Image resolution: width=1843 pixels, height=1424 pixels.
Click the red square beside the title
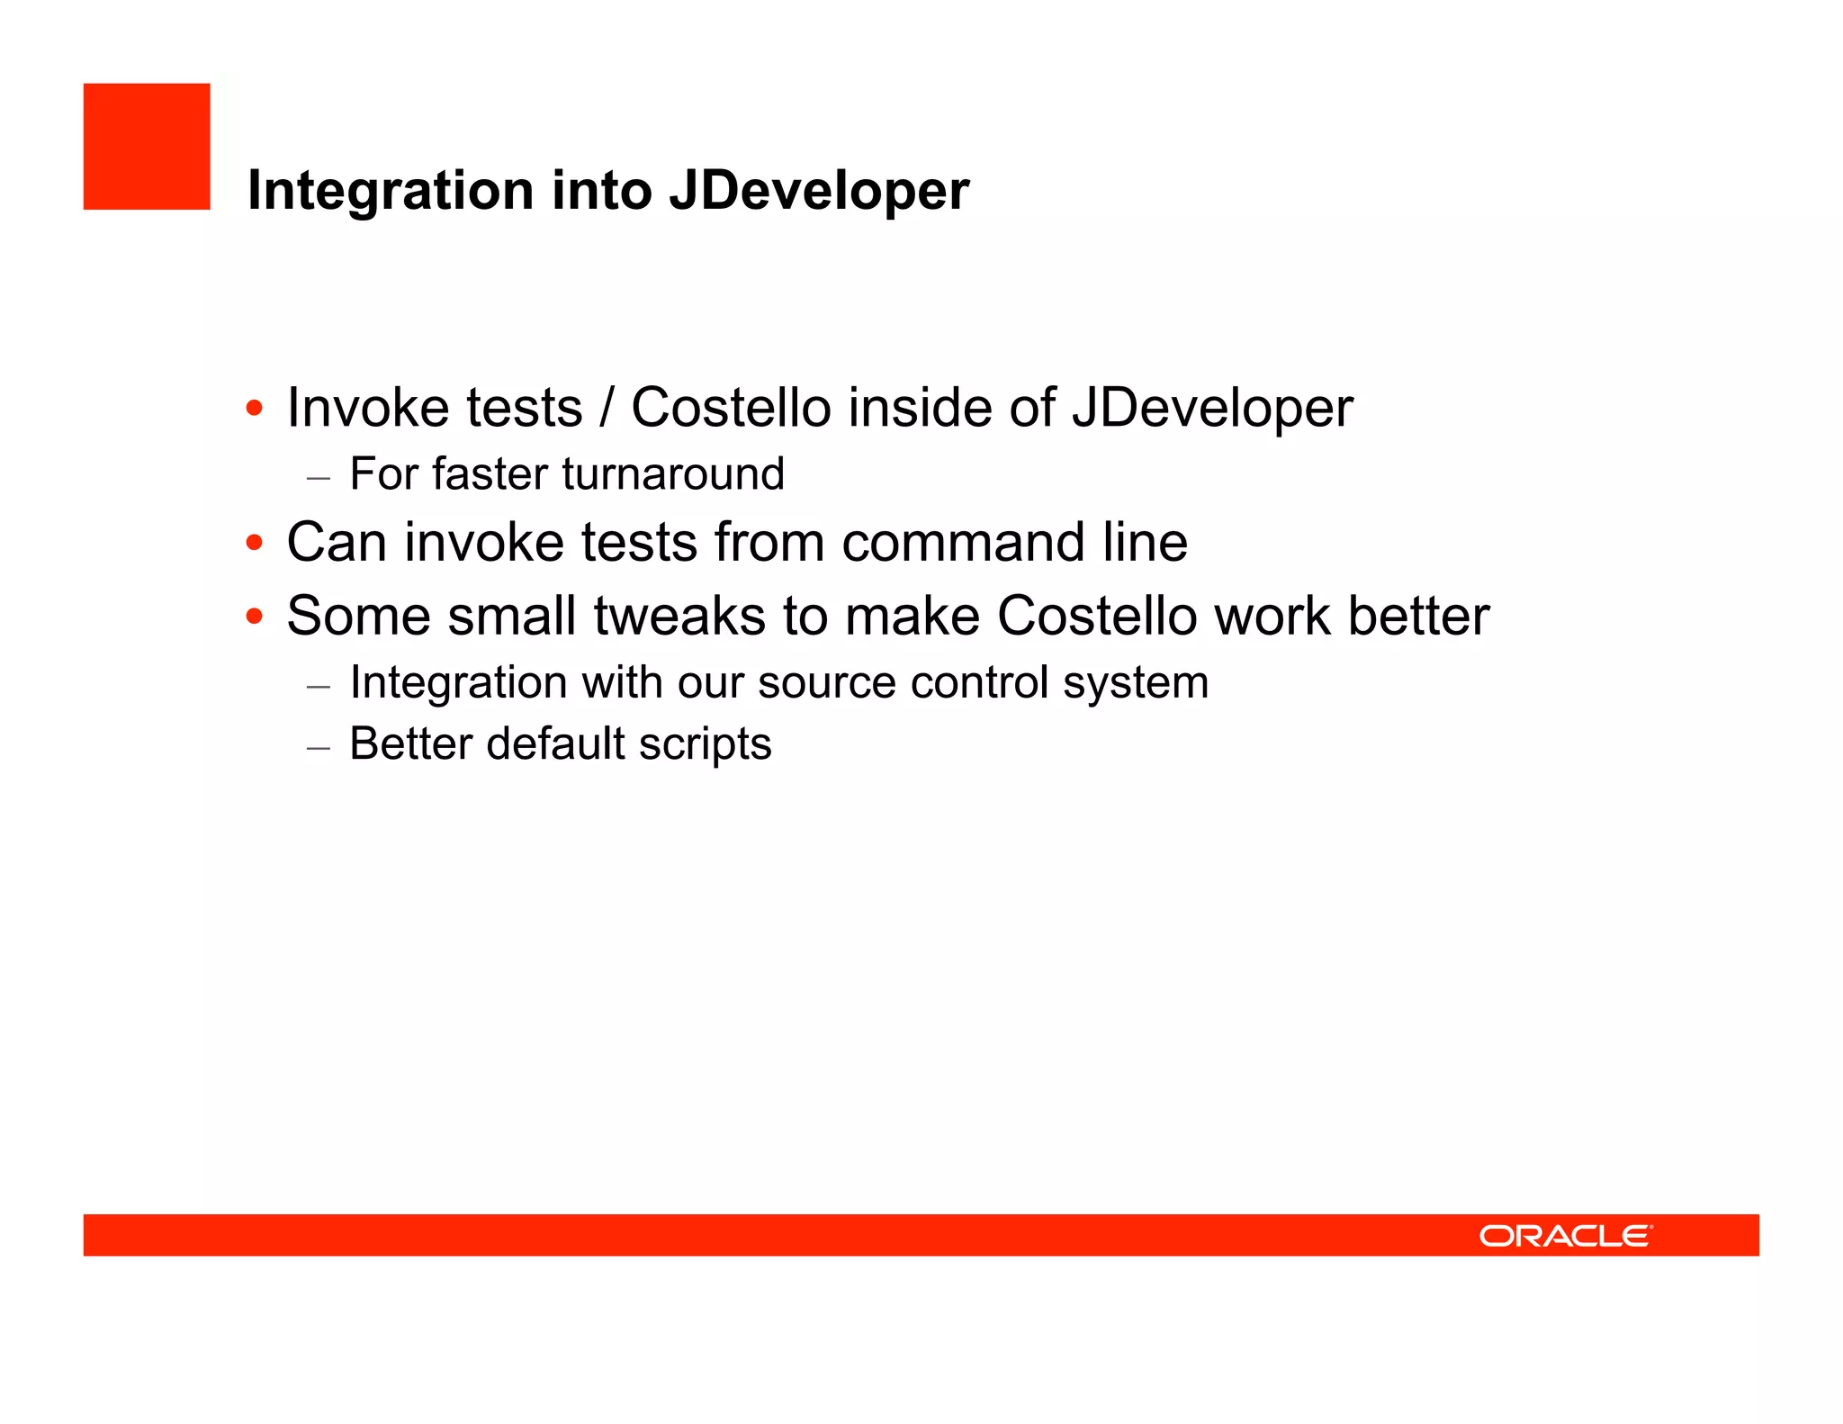(x=147, y=147)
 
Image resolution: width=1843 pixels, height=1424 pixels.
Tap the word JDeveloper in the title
(x=819, y=191)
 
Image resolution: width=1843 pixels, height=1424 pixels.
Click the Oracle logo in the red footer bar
(x=1565, y=1236)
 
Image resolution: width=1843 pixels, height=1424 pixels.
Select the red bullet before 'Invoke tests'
(x=255, y=409)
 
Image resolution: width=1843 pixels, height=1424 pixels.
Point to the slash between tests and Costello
(x=607, y=408)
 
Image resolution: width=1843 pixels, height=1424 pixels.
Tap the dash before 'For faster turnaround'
(x=319, y=477)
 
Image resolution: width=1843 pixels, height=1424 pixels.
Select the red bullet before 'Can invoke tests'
(x=255, y=543)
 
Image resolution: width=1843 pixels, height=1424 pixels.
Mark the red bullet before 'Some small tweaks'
(x=255, y=617)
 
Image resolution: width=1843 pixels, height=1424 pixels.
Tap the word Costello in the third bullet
(x=1097, y=617)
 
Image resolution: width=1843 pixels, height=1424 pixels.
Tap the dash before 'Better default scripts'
(x=319, y=747)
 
